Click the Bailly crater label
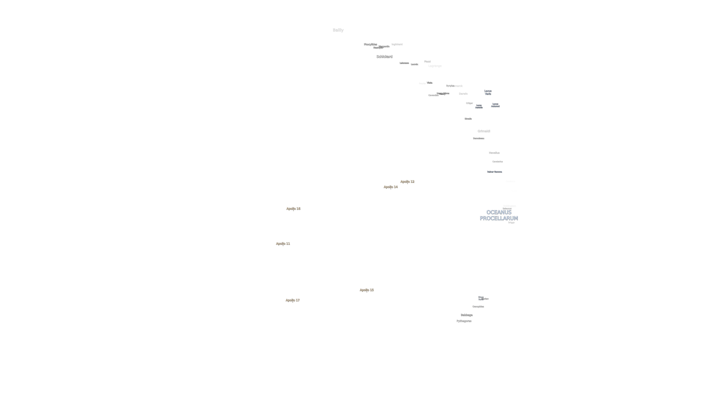pos(338,30)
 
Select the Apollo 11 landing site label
pos(283,244)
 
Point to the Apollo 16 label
pos(293,209)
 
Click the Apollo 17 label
pos(292,300)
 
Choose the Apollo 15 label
pos(366,290)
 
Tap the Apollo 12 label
pos(407,181)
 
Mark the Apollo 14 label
pos(391,187)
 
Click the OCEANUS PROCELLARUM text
pos(499,215)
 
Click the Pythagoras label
pos(464,321)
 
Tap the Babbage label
pos(466,315)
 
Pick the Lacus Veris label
pos(488,92)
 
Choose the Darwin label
pos(463,94)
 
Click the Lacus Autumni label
pos(495,105)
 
